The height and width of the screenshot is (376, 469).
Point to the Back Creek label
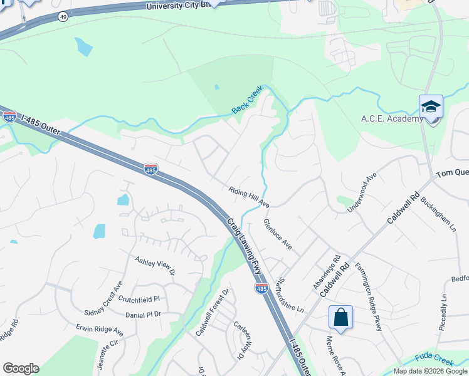click(248, 100)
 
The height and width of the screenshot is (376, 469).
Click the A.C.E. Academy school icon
click(431, 107)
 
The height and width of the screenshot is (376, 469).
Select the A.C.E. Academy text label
click(392, 119)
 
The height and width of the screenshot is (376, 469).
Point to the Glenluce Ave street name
click(278, 234)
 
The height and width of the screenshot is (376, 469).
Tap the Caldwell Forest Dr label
click(213, 312)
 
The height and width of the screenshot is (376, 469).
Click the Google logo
click(21, 368)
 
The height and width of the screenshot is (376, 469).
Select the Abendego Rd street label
click(327, 269)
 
